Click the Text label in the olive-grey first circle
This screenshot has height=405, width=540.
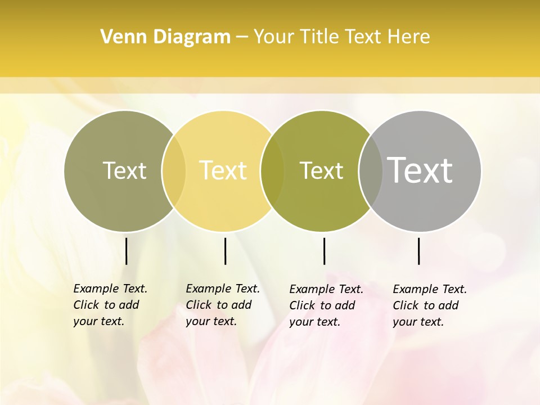coord(124,170)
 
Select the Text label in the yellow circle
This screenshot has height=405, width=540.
coord(223,170)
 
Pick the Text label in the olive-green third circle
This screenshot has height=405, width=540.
coord(321,170)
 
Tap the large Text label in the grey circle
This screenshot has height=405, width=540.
coord(420,170)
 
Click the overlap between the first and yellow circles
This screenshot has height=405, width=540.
coord(174,171)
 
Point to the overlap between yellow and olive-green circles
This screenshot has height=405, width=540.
coord(272,171)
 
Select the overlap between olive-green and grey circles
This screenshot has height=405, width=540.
coord(371,171)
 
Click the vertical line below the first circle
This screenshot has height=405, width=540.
coord(126,251)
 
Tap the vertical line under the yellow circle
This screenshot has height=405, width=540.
coord(225,251)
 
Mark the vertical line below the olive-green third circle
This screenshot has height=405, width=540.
coord(324,251)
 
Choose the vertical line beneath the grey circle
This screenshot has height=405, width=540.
coord(419,251)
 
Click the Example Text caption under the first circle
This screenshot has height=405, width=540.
coord(110,305)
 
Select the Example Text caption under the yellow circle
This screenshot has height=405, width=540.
coord(222,305)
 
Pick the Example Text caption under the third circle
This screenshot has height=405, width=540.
coord(326,305)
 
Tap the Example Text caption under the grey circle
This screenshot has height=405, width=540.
coord(429,305)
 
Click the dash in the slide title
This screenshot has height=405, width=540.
coord(242,38)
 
